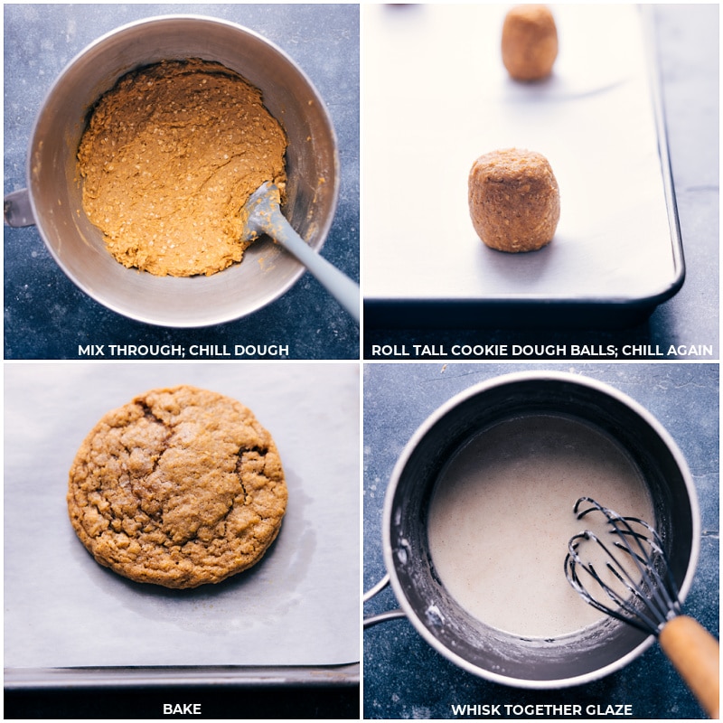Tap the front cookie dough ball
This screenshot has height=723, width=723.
[513, 200]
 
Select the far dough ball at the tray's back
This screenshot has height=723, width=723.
[530, 42]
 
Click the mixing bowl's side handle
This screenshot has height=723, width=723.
[18, 208]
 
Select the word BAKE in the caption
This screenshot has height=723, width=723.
[183, 709]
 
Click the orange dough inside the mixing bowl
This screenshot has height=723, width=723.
[172, 163]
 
